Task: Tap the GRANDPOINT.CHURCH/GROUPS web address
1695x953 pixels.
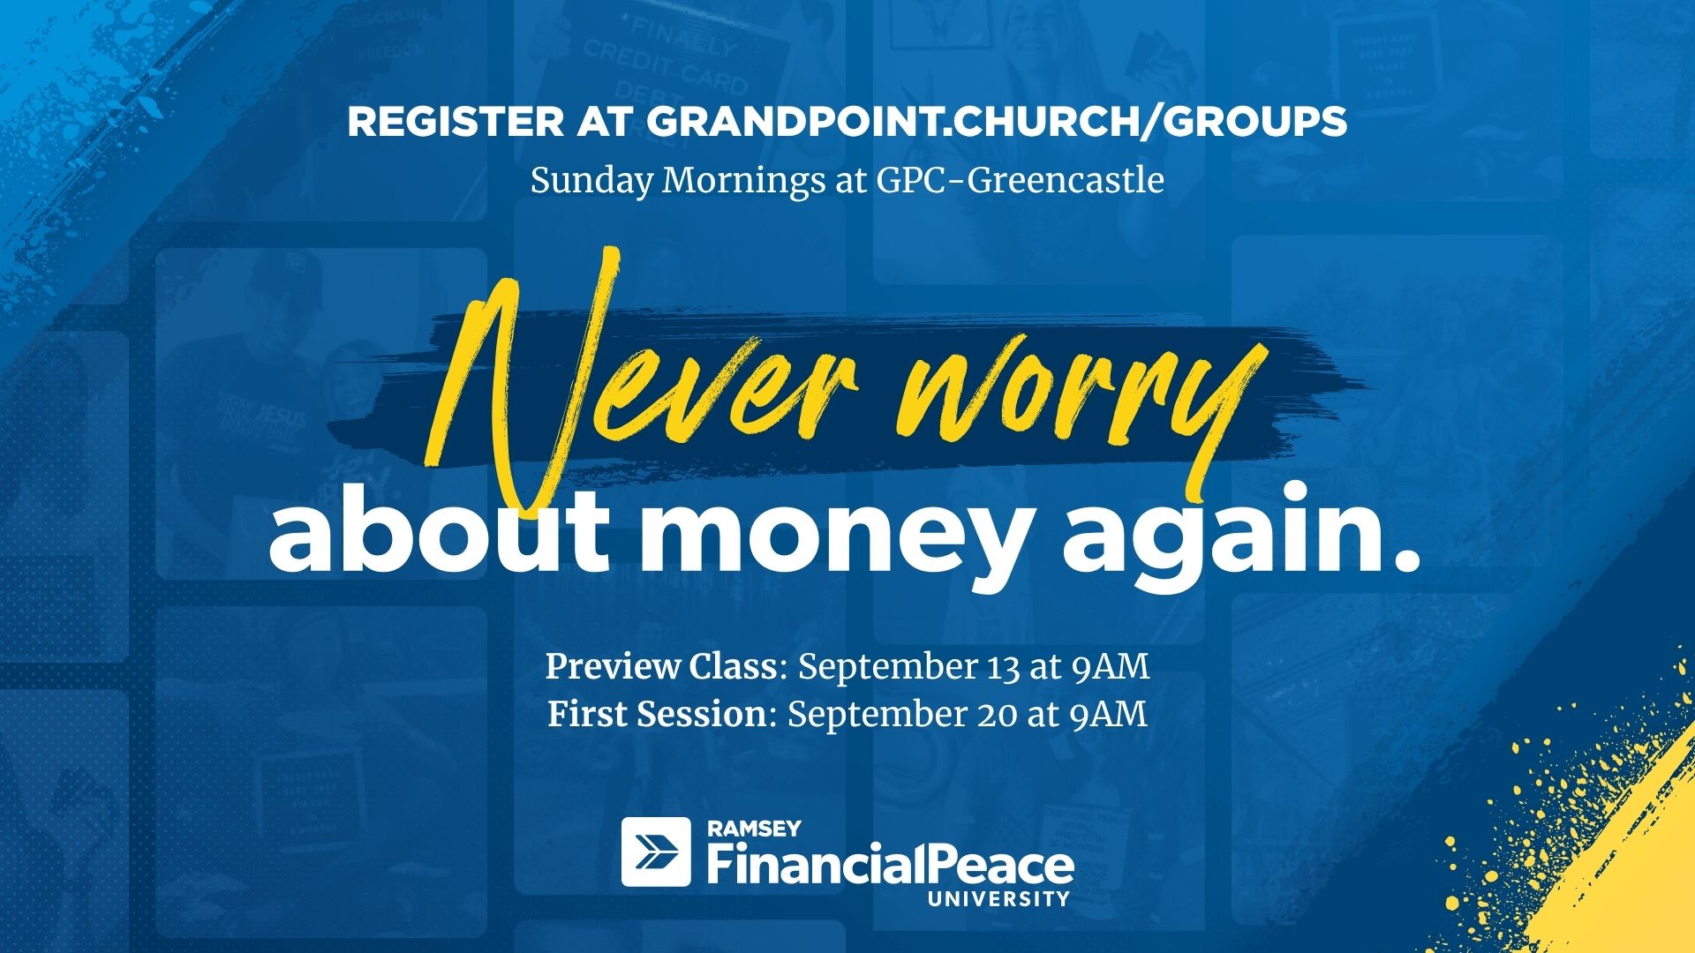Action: [x=997, y=122]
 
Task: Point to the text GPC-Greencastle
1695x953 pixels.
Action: [x=1021, y=181]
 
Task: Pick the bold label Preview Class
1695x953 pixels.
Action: [x=661, y=667]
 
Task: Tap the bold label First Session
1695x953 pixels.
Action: [x=657, y=714]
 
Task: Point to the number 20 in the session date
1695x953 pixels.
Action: [x=996, y=714]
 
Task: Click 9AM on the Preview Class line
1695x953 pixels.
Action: [x=1111, y=667]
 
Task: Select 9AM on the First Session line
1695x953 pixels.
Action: [x=1109, y=714]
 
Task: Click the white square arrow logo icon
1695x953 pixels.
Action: [x=656, y=852]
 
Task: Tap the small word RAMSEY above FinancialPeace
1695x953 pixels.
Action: [x=754, y=829]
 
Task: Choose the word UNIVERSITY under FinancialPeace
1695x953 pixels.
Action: [x=998, y=899]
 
